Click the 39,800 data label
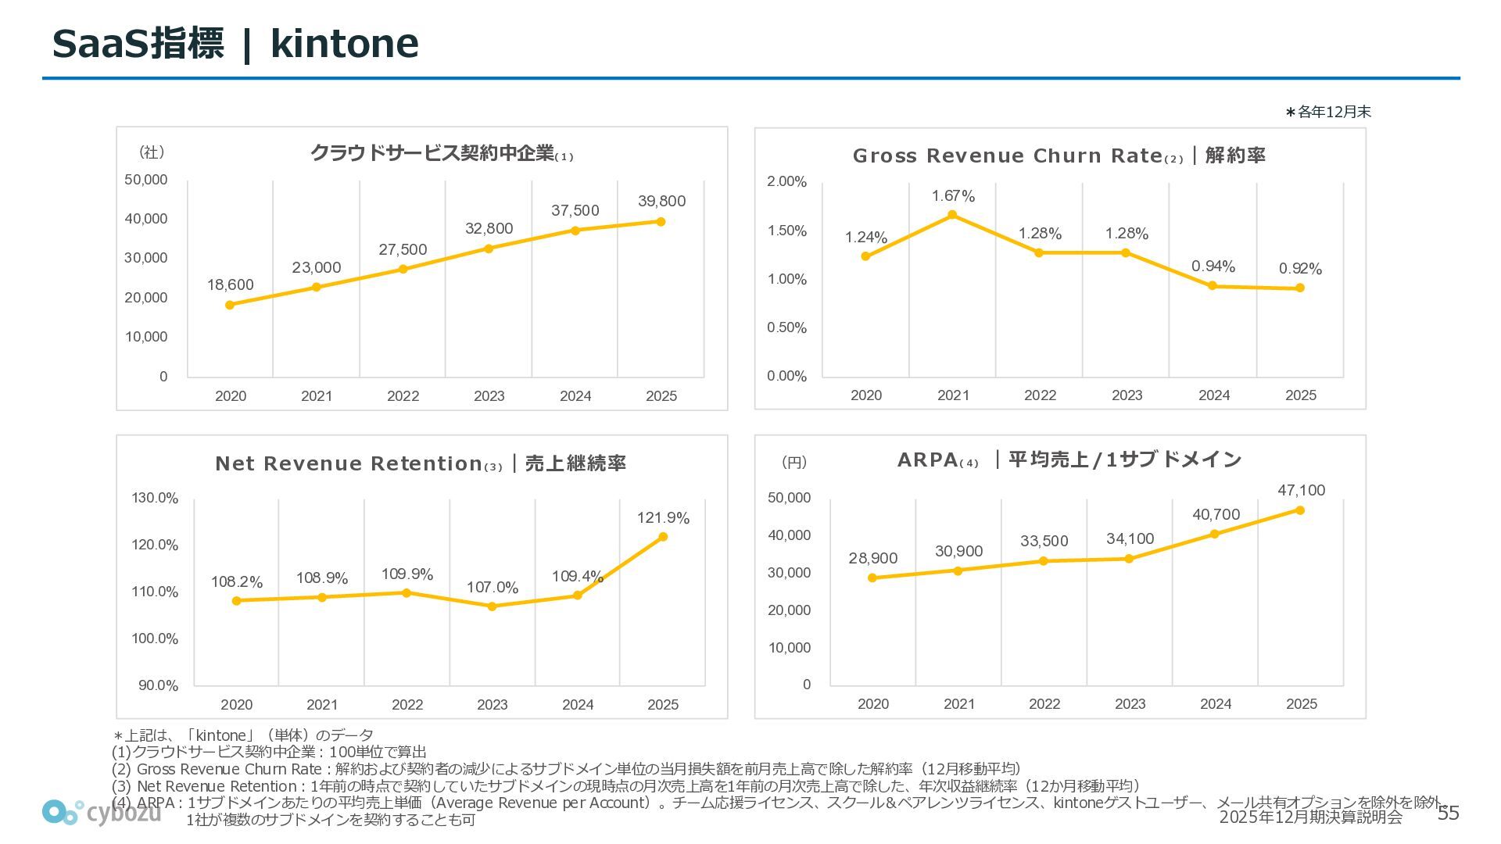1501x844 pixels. [x=661, y=202]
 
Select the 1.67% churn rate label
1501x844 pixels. [x=953, y=196]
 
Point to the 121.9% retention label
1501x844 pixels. [x=663, y=518]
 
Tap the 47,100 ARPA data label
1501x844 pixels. [x=1301, y=491]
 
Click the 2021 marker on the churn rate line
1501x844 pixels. [x=952, y=215]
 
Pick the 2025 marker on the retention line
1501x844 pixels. [x=663, y=537]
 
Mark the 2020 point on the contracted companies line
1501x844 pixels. [x=230, y=305]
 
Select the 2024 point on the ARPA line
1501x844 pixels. [x=1215, y=535]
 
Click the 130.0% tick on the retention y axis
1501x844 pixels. [x=155, y=499]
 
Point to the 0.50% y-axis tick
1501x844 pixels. [x=786, y=328]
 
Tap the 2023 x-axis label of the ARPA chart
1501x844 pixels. [x=1130, y=704]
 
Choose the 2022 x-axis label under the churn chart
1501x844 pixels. [x=1040, y=395]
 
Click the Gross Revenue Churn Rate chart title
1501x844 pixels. [x=1059, y=156]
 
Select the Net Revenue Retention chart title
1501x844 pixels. [x=421, y=463]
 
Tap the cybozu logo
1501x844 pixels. [x=102, y=813]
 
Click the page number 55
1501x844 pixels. [x=1449, y=814]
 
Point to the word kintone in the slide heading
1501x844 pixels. [x=344, y=44]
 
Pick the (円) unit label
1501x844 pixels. [x=794, y=463]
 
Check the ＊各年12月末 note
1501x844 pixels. [x=1328, y=113]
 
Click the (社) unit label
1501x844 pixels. [x=152, y=152]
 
